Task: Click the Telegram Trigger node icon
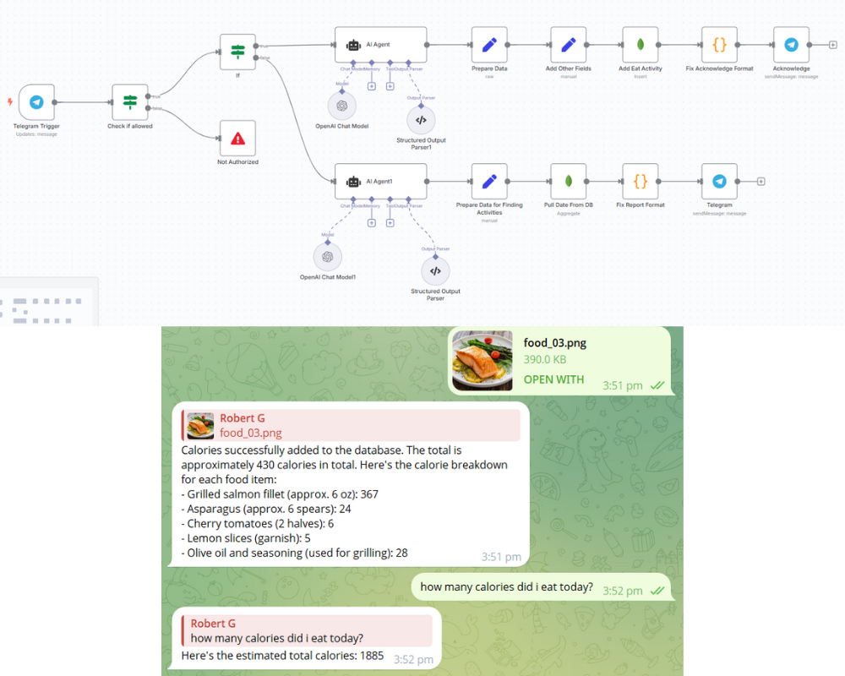[36, 102]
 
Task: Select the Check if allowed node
[130, 102]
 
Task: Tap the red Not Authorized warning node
[237, 138]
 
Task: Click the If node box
[237, 52]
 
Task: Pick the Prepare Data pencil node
[488, 45]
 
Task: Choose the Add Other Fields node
[569, 45]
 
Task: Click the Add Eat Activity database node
[641, 45]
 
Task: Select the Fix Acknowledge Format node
[719, 45]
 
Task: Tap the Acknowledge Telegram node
[791, 45]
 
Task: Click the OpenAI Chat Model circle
[342, 106]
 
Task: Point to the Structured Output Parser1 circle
[421, 120]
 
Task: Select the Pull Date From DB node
[569, 182]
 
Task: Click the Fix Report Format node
[641, 182]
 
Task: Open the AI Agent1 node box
[381, 182]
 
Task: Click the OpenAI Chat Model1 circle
[327, 257]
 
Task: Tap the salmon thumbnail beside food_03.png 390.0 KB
[482, 361]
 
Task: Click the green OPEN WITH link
[553, 379]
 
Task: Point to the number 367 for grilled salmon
[368, 494]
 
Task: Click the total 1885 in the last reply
[370, 656]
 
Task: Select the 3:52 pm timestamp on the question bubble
[623, 591]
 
